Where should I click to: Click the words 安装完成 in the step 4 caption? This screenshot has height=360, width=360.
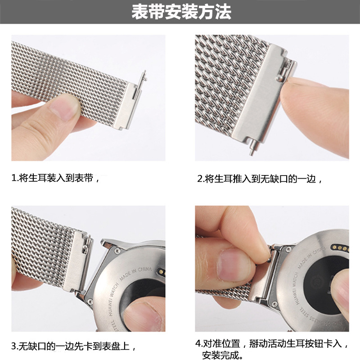[225, 356]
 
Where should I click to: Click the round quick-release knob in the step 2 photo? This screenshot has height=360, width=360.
[280, 78]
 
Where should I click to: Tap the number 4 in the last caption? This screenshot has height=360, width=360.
[198, 344]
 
